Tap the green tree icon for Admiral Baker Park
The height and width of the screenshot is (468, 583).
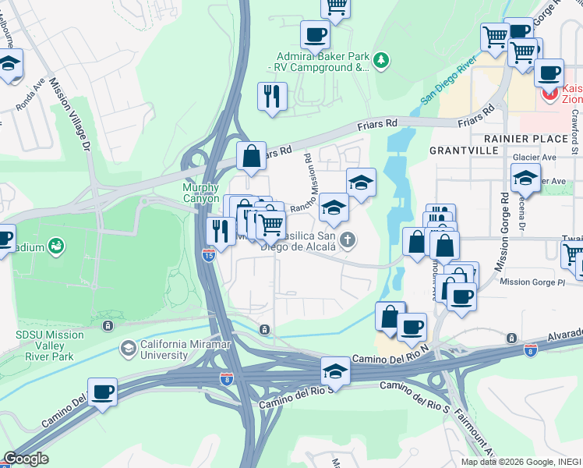point(381,59)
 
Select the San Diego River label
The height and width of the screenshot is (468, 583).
point(448,80)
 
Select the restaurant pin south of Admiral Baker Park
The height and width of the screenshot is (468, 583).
point(272,97)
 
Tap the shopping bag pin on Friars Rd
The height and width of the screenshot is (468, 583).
point(252,156)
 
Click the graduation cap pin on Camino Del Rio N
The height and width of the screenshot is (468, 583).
point(335,370)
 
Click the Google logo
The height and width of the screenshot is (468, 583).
point(25,459)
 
